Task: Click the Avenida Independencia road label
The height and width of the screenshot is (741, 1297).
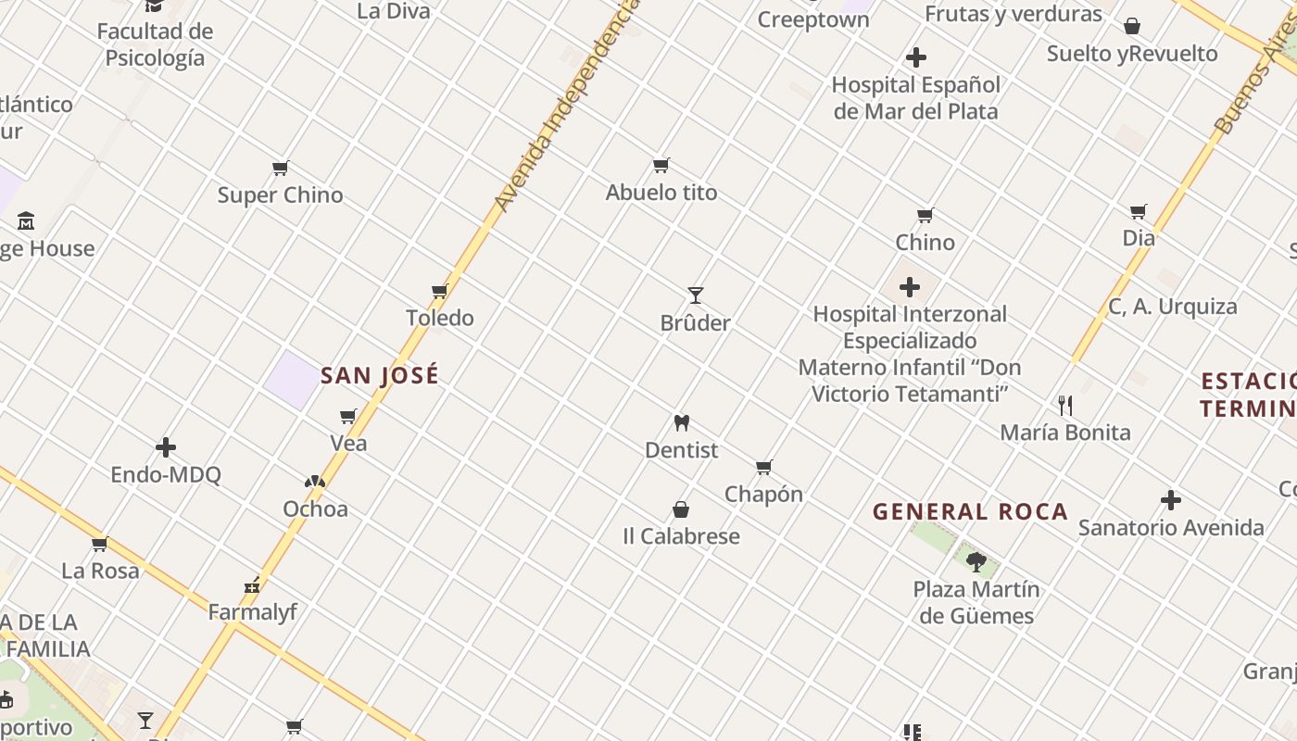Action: tap(565, 107)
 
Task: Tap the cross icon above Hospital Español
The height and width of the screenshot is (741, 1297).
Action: tap(916, 57)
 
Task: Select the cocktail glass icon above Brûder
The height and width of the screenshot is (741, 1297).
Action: tap(696, 295)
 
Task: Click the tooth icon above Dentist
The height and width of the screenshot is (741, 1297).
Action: tap(682, 423)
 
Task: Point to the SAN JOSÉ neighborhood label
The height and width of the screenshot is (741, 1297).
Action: tap(380, 376)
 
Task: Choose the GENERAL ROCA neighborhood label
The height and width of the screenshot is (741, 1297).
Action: tap(970, 511)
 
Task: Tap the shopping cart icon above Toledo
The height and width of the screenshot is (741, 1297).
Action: tap(440, 291)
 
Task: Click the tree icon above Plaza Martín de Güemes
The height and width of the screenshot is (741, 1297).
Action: tap(976, 561)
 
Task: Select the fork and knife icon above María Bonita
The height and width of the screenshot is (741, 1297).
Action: tap(1065, 405)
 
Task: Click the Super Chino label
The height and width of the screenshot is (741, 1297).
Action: tap(280, 195)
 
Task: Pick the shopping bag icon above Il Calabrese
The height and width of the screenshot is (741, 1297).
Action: tap(681, 509)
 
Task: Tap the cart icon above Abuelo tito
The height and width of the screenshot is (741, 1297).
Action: tap(661, 166)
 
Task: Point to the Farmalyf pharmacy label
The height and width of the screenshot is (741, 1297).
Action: tap(252, 612)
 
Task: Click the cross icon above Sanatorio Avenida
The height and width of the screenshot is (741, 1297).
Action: tap(1171, 500)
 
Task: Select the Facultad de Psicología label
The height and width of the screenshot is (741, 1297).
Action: tap(155, 44)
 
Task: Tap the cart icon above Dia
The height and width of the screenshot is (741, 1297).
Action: tap(1139, 211)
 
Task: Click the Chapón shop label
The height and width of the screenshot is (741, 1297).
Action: tap(763, 495)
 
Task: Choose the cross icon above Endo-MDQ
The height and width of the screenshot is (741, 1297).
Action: tap(166, 448)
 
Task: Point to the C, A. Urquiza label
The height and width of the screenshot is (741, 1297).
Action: tap(1172, 307)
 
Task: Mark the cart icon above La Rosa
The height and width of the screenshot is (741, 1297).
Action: tap(100, 544)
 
